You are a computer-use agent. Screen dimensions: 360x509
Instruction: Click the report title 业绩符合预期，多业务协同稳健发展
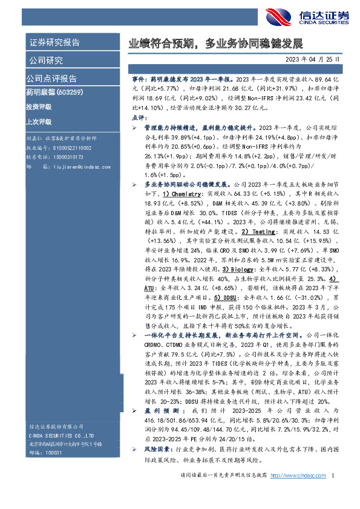coord(215,44)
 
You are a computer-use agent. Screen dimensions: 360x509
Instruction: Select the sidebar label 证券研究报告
coord(55,42)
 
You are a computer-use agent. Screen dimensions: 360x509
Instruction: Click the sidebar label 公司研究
coord(46,60)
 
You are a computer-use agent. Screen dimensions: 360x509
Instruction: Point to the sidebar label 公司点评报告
coord(51,79)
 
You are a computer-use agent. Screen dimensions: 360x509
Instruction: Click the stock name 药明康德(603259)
coord(50,92)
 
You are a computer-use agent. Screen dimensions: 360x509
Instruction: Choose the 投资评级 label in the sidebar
coord(39,106)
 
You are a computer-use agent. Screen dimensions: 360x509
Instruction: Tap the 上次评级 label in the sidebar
coord(39,121)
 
